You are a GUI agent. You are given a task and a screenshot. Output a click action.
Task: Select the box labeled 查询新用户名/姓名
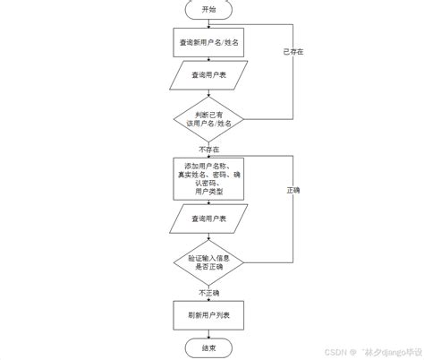pyautogui.click(x=208, y=42)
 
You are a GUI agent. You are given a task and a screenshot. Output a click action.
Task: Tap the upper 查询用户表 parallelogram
pyautogui.click(x=208, y=77)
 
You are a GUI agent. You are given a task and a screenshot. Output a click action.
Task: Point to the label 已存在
pyautogui.click(x=293, y=52)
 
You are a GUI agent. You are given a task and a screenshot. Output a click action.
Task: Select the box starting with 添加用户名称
pyautogui.click(x=208, y=179)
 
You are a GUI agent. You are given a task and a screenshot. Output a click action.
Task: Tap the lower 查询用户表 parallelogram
pyautogui.click(x=208, y=219)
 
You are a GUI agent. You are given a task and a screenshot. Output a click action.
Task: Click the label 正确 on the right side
pyautogui.click(x=293, y=191)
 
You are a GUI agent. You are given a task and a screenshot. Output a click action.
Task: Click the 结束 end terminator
pyautogui.click(x=208, y=347)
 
